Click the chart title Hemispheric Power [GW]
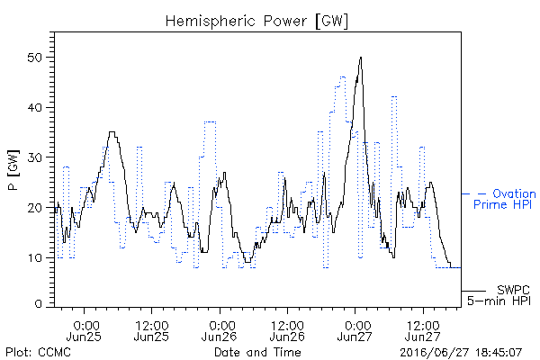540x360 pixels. coord(256,22)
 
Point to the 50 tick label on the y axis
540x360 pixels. coord(34,58)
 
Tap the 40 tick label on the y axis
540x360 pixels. coord(34,107)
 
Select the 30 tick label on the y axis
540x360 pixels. coord(34,157)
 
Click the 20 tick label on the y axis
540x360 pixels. coord(34,208)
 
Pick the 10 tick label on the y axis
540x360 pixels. coord(34,257)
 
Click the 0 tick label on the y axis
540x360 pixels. coord(38,304)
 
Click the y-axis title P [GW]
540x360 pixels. coord(13,169)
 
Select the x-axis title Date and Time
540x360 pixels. coord(257,352)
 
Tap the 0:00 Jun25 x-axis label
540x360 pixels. coord(84,331)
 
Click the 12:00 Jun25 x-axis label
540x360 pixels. coord(151,331)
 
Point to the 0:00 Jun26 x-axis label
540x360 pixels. coord(220,331)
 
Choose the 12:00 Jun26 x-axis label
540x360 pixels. coord(287,331)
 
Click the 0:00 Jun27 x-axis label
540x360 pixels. coord(355,331)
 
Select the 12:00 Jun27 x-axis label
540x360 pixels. coord(423,331)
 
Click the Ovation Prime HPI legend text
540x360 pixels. coord(504,199)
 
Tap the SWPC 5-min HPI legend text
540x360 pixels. coord(499,295)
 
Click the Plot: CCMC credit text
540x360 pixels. coord(38,352)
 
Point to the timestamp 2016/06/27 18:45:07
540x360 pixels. coord(461,353)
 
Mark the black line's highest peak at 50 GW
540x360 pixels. coord(361,58)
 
